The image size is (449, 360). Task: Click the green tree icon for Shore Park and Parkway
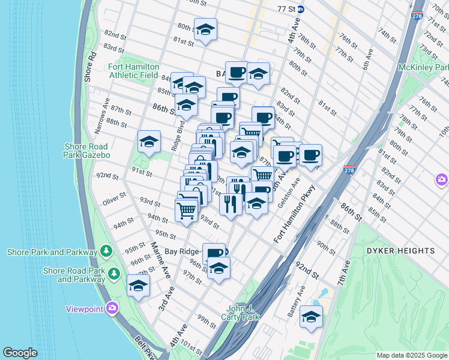click(106, 250)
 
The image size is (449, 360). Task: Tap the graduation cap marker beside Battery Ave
click(311, 317)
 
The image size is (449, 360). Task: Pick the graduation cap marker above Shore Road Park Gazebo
click(149, 142)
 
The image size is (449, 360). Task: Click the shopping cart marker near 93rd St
click(187, 210)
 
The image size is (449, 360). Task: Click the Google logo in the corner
click(20, 353)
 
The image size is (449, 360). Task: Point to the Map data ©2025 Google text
click(411, 355)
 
